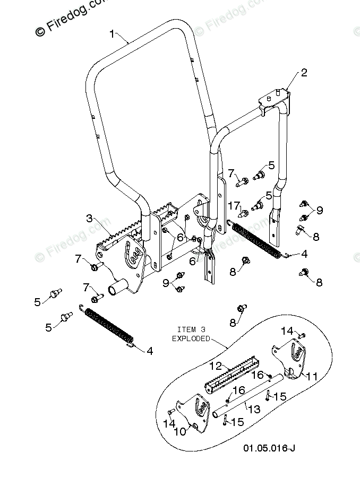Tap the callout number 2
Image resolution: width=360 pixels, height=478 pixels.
pos(304,73)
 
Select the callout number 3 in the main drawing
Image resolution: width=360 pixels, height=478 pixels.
pos(89,218)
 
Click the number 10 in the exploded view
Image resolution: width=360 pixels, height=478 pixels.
pos(181,431)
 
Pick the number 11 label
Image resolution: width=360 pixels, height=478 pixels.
pos(312,376)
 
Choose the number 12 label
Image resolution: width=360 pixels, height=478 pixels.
pos(215,366)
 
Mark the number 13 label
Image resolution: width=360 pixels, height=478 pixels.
pos(255,409)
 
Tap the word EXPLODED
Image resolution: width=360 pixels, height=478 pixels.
pos(191,338)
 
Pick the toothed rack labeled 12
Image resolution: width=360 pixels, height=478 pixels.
pos(231,377)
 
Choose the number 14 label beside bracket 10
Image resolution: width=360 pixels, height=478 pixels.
pos(169,423)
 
